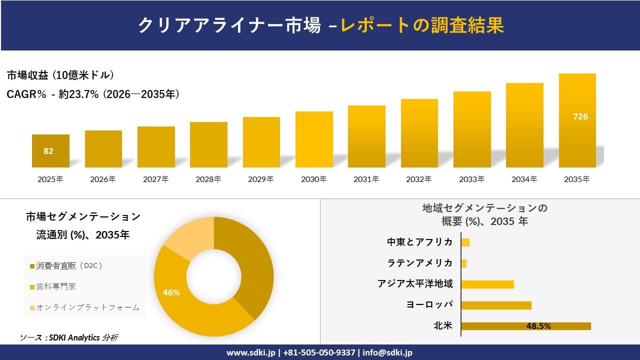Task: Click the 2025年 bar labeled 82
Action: [x=50, y=151]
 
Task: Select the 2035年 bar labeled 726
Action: [x=577, y=120]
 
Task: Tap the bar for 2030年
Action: [x=314, y=139]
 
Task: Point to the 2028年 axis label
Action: [x=208, y=179]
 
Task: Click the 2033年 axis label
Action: [x=471, y=179]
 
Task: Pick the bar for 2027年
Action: [x=156, y=147]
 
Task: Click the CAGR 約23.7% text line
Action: [x=93, y=94]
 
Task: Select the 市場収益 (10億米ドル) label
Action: [x=60, y=75]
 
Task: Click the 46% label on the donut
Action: [x=171, y=292]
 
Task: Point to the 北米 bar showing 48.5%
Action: [x=525, y=326]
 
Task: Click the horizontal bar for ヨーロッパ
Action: [x=496, y=305]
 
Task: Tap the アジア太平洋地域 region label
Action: [x=415, y=284]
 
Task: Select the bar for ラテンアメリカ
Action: [x=464, y=263]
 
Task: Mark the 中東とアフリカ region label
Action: [x=419, y=242]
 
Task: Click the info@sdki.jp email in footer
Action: [x=387, y=352]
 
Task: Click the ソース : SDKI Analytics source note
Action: [x=69, y=337]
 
